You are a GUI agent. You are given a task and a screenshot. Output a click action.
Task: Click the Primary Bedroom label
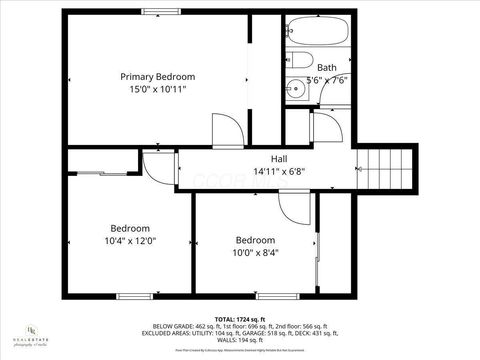(157, 77)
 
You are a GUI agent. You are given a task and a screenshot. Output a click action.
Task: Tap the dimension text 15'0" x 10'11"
(157, 89)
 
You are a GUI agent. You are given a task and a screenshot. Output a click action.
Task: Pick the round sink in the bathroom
(293, 89)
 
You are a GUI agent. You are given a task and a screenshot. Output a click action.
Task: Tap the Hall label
(280, 159)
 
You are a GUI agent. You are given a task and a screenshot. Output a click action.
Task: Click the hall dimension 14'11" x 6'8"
(280, 171)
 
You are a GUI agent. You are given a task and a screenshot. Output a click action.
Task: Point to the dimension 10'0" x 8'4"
(257, 252)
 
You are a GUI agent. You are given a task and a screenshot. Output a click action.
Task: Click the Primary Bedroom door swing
(226, 131)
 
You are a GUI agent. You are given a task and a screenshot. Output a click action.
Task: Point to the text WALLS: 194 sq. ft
(240, 341)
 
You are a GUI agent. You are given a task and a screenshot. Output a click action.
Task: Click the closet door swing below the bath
(326, 127)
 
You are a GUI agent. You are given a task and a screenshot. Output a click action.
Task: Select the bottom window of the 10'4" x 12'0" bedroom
(130, 296)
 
